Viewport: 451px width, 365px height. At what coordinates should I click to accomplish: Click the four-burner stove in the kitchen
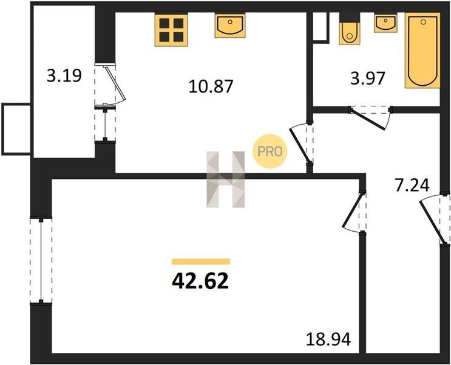[171, 29]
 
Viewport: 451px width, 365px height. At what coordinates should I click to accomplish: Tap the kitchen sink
[230, 26]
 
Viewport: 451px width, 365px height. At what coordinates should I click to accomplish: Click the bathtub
[422, 50]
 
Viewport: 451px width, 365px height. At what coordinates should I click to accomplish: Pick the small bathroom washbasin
[385, 23]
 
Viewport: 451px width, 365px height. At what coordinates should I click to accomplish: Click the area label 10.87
[211, 86]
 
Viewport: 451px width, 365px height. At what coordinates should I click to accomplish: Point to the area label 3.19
[64, 75]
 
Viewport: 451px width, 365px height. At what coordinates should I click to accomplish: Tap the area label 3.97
[368, 78]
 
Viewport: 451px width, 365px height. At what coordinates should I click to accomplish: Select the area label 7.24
[412, 185]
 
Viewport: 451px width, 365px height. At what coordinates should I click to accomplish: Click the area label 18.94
[328, 339]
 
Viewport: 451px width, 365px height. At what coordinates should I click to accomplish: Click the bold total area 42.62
[200, 281]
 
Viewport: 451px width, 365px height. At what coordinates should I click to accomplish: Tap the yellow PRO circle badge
[270, 151]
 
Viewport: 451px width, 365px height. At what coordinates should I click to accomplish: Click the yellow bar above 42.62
[201, 262]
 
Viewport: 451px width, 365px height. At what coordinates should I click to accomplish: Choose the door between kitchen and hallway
[301, 144]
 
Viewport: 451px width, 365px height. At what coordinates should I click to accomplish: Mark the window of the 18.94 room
[41, 260]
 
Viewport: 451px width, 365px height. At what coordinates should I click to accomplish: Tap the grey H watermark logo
[226, 179]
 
